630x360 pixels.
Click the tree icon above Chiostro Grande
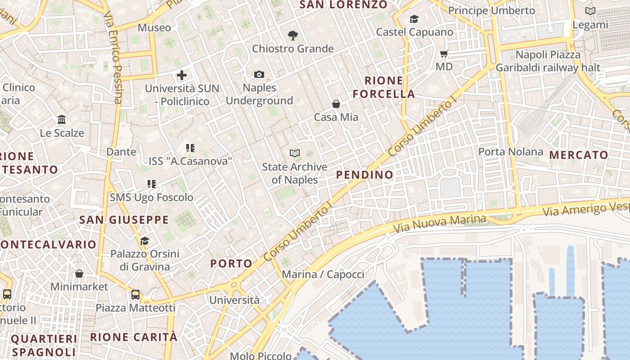click(x=293, y=36)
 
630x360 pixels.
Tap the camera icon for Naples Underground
click(x=259, y=74)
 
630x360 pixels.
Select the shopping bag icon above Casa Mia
click(x=336, y=104)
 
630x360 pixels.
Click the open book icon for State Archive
click(x=295, y=153)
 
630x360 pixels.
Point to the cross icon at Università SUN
click(x=182, y=75)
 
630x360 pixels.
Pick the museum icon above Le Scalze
click(x=62, y=120)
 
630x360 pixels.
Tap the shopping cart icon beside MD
click(x=444, y=54)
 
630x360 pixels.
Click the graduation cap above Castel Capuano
click(x=414, y=19)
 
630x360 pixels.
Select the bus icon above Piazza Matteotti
click(x=135, y=295)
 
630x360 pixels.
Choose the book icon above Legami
click(x=590, y=11)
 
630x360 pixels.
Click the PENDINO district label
click(x=364, y=175)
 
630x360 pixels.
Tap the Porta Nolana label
click(x=510, y=152)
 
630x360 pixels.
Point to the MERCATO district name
click(x=579, y=155)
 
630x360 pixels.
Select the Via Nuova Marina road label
click(x=440, y=224)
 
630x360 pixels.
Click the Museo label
click(x=154, y=27)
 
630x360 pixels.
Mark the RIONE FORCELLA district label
click(x=384, y=87)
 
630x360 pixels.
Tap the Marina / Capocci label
click(x=323, y=274)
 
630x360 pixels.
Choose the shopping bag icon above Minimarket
click(x=79, y=274)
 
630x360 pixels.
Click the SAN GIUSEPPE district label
click(x=124, y=220)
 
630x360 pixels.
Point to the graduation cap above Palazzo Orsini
click(x=144, y=241)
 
